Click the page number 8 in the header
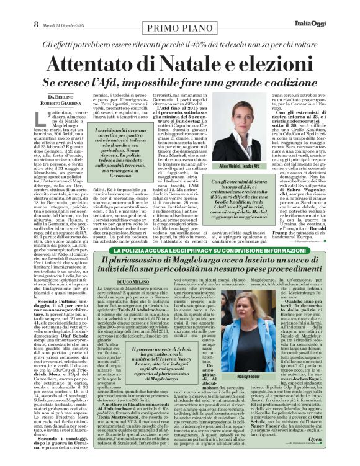[x=10, y=7]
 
